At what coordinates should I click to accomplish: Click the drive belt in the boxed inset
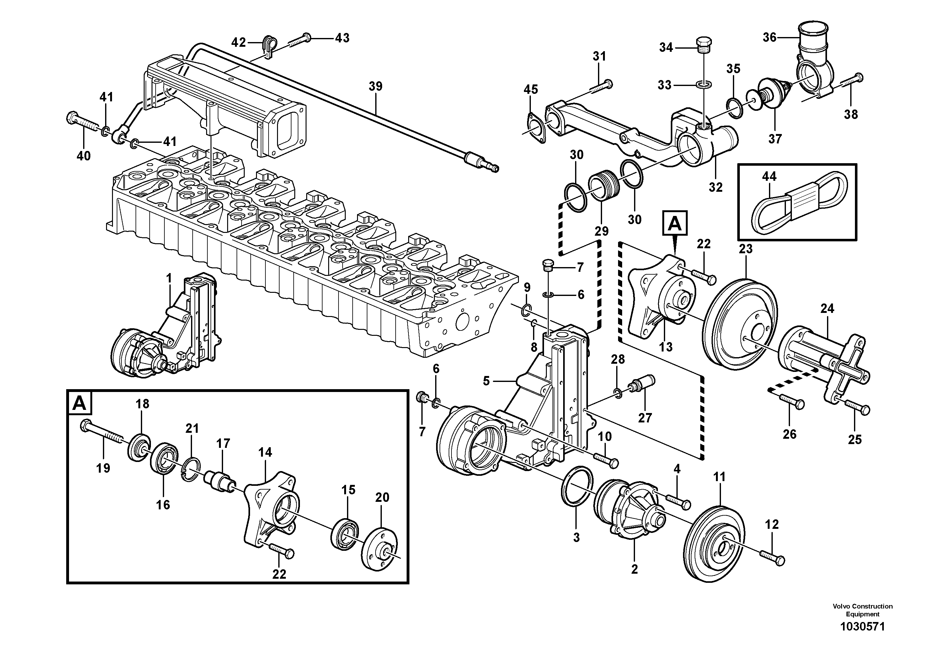(797, 204)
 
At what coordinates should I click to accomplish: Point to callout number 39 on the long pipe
(376, 86)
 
